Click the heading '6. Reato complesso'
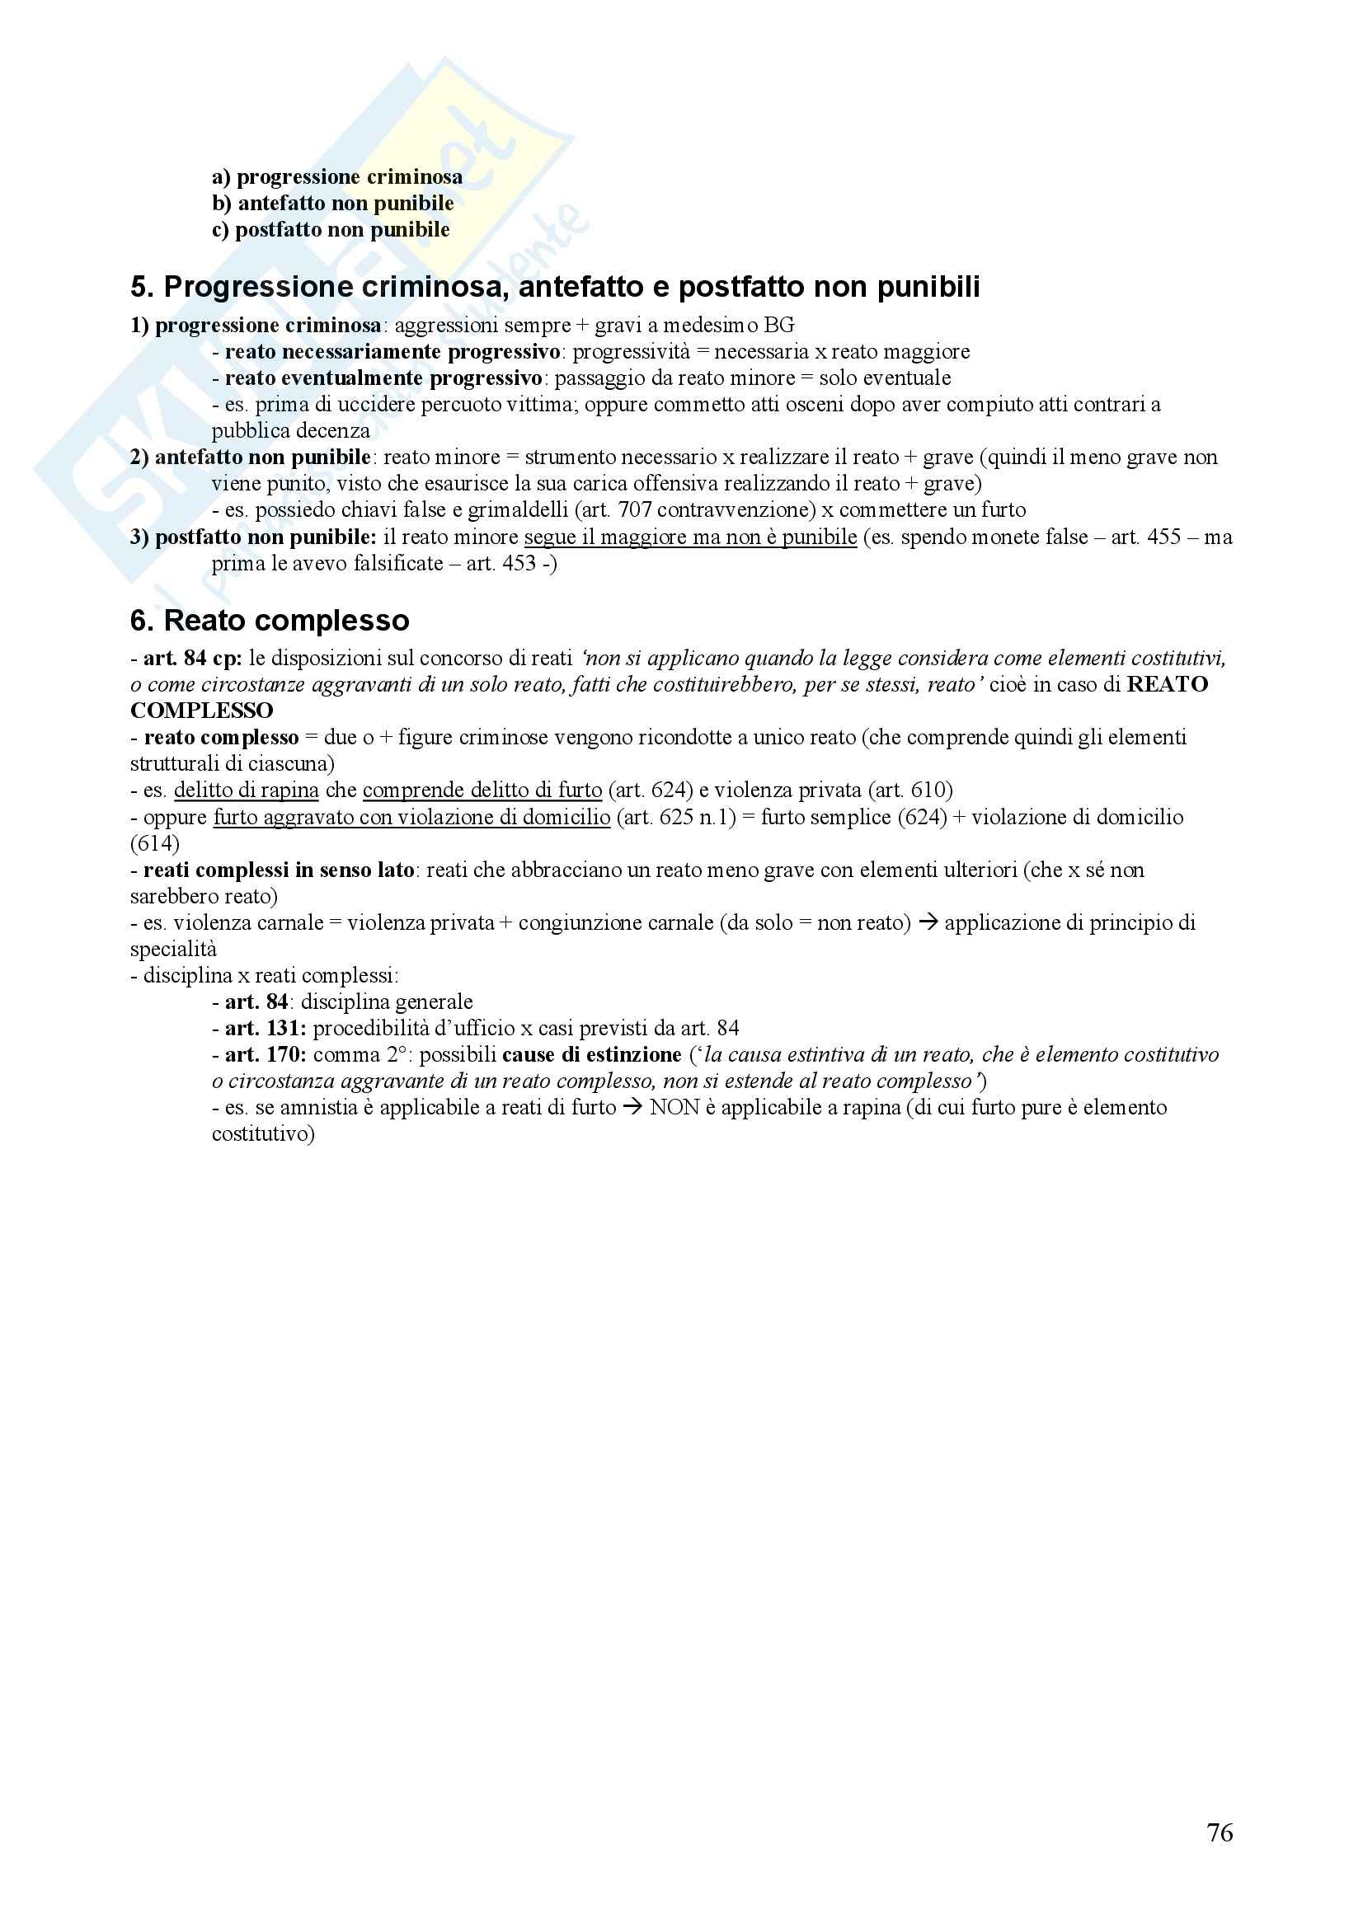[269, 621]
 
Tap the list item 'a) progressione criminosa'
[336, 177]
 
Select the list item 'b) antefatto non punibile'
[332, 204]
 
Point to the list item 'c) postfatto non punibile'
[330, 230]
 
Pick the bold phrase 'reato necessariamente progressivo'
[392, 352]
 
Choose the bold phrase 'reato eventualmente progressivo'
[383, 378]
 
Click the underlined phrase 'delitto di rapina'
[246, 790]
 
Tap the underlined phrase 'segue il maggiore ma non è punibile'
[690, 537]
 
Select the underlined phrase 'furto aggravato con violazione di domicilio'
[411, 817]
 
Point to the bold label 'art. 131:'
[266, 1029]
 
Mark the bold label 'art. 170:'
[266, 1055]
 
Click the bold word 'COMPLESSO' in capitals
[201, 711]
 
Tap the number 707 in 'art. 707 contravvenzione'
[634, 510]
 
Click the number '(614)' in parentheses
[154, 843]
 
